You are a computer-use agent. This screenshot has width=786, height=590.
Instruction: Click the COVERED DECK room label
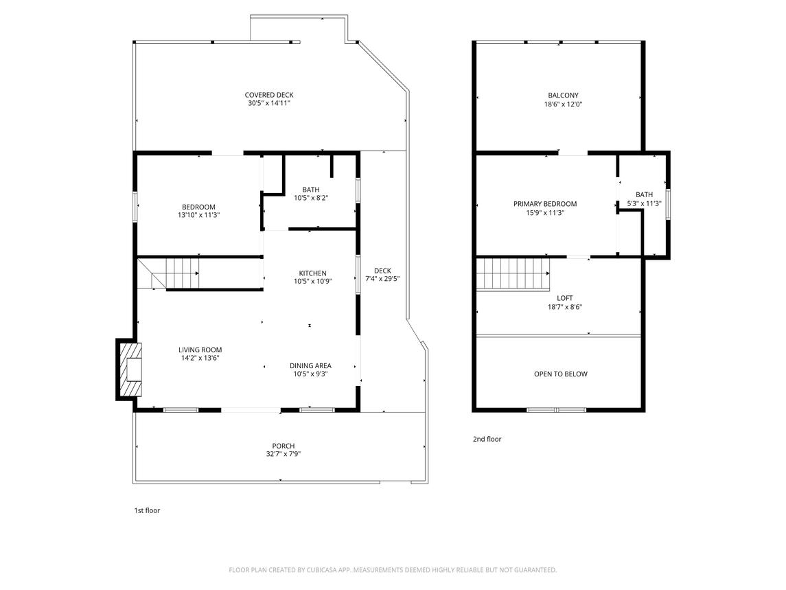[269, 95]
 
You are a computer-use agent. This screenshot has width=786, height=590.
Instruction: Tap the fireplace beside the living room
[130, 370]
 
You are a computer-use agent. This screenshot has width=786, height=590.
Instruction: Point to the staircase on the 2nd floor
[513, 273]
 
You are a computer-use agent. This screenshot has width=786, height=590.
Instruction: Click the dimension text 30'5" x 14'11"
[269, 103]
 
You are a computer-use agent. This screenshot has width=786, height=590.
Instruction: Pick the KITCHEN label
[313, 273]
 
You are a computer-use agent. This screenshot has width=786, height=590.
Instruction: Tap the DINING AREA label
[310, 365]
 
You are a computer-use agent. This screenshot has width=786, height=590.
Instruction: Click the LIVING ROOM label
[200, 350]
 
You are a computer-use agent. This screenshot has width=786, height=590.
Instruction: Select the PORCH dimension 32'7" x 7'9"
[284, 454]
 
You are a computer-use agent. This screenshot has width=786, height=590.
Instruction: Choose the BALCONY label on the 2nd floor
[563, 95]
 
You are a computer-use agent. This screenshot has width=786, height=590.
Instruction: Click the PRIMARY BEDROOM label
[545, 204]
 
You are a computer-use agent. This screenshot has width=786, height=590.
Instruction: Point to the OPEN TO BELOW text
[560, 374]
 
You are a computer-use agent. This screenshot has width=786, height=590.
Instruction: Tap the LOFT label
[564, 298]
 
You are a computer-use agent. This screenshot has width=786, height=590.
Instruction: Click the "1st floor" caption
[146, 510]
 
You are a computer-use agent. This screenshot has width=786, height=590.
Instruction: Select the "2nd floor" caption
[487, 439]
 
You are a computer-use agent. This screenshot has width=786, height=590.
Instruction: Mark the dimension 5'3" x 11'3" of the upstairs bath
[644, 204]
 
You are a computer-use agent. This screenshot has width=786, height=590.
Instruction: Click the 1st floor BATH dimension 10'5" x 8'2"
[311, 198]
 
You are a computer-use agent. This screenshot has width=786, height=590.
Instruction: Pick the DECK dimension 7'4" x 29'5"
[382, 279]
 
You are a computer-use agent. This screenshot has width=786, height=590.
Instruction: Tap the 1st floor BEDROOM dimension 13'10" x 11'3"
[198, 215]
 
